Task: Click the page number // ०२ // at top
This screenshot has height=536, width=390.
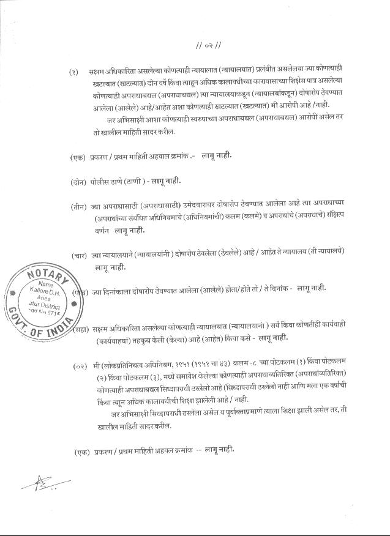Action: pos(208,46)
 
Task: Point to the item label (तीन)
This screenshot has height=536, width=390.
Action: pos(78,207)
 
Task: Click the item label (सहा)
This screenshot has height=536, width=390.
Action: pos(81,330)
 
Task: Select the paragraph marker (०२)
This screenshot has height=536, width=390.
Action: pos(80,365)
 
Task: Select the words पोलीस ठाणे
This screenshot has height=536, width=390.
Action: pos(107,182)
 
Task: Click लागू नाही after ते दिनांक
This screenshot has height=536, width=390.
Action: pos(312,288)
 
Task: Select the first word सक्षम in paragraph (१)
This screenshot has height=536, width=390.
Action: pos(97,72)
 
